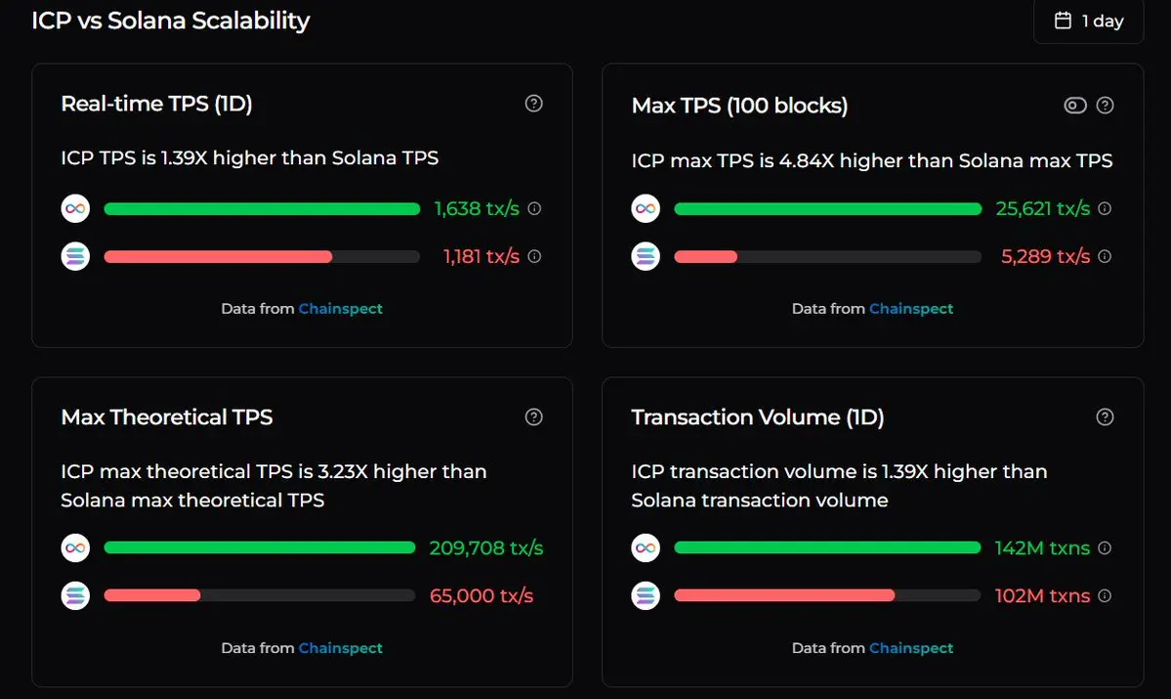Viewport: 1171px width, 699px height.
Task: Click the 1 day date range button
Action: coord(1089,21)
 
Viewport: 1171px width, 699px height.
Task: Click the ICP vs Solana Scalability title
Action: coord(171,21)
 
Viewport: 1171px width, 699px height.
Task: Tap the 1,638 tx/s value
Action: coord(477,208)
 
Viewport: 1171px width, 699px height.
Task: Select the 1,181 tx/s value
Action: coord(481,256)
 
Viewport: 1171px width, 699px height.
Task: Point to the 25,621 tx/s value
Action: coord(1042,208)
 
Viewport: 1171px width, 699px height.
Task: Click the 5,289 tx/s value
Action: coord(1045,256)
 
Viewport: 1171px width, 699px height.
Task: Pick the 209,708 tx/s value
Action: coord(486,547)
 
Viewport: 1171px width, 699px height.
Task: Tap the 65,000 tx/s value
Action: coord(481,595)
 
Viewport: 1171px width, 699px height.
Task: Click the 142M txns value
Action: coord(1042,547)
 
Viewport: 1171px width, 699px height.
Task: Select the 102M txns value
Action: coord(1042,595)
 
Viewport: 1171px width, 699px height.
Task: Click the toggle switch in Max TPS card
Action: coord(1074,106)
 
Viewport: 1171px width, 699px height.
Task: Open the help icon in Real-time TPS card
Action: coord(533,104)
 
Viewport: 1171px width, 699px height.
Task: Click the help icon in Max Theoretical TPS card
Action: coord(533,417)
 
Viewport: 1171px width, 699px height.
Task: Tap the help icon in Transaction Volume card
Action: coord(1105,417)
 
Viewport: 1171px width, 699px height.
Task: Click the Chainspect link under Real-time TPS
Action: coord(341,309)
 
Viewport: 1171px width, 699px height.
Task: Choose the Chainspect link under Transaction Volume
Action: coord(911,648)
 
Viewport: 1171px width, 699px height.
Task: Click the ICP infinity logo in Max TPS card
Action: coord(646,208)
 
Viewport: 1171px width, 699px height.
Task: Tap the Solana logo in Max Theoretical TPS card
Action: coord(75,595)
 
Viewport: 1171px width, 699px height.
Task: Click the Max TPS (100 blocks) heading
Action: coord(739,106)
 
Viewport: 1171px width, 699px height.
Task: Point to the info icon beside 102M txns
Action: coord(1105,595)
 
